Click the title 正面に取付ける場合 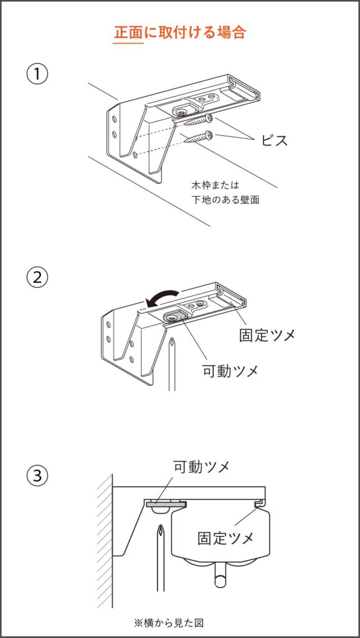(x=180, y=32)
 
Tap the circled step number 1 (x=37, y=75)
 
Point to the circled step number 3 (x=37, y=475)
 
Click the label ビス (x=275, y=140)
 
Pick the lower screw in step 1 (x=199, y=137)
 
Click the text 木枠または (x=214, y=186)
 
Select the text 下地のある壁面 (x=225, y=200)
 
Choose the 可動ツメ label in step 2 (x=230, y=370)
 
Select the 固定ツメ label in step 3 (x=225, y=538)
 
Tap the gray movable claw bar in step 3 (x=166, y=504)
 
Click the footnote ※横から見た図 (x=168, y=623)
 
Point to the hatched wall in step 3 (x=104, y=541)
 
